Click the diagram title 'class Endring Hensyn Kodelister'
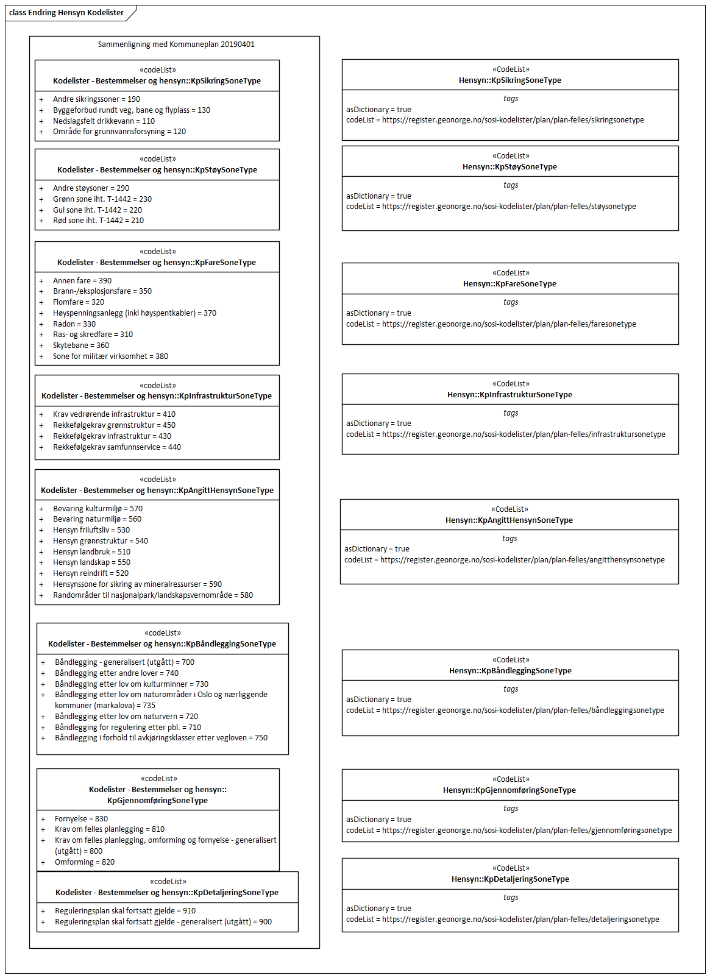click(x=66, y=13)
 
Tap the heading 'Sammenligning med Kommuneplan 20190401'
click(x=176, y=44)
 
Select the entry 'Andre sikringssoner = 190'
click(x=96, y=99)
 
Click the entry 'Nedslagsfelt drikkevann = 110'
click(x=104, y=121)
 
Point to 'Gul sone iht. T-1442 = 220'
click(x=98, y=210)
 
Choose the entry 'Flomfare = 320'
click(x=79, y=302)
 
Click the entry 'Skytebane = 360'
click(x=81, y=345)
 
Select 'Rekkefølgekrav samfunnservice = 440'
click(x=117, y=447)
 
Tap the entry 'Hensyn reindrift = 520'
click(x=91, y=573)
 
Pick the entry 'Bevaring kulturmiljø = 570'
click(x=98, y=509)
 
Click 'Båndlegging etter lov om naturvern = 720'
click(x=126, y=717)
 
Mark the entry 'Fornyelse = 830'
click(x=81, y=819)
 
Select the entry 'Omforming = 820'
click(x=85, y=862)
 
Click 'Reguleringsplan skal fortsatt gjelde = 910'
click(x=125, y=911)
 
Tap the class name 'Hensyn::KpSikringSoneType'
click(x=510, y=80)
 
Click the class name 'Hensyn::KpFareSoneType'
click(x=509, y=284)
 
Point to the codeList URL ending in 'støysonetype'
click(x=509, y=207)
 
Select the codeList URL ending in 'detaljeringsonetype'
click(x=520, y=920)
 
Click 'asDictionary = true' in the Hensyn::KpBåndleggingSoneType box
click(x=378, y=700)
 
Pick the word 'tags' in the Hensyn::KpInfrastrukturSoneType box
click(x=511, y=413)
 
